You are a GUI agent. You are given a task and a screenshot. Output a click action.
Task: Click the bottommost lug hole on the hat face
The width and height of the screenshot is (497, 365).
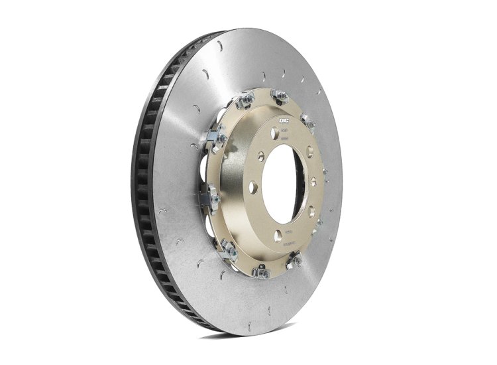(278, 234)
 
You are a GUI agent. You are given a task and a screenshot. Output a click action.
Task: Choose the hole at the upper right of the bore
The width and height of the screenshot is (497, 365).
(309, 152)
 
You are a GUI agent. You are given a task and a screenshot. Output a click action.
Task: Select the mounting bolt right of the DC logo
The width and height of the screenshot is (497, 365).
(307, 121)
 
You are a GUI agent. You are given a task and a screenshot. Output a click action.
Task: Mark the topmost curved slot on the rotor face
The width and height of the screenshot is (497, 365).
(219, 46)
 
